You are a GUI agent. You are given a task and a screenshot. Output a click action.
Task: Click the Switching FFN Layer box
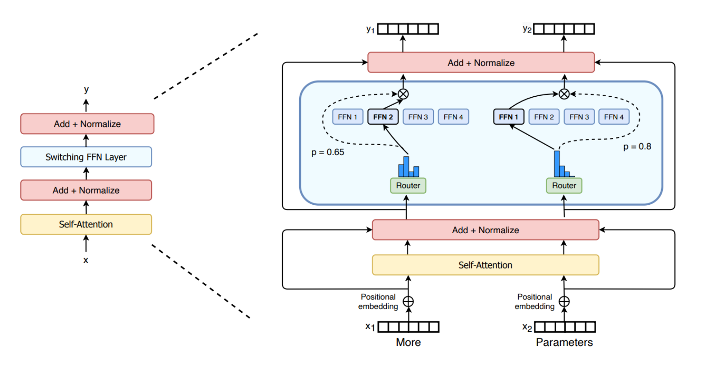coord(86,157)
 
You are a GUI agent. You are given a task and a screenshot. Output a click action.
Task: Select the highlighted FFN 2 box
coord(383,117)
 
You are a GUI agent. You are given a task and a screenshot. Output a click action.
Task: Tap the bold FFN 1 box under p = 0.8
coord(508,117)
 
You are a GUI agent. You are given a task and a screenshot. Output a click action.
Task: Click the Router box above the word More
coord(408,185)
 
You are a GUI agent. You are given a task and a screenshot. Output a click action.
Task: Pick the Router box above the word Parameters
coord(564,185)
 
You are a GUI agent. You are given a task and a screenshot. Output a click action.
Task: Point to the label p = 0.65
coord(328,152)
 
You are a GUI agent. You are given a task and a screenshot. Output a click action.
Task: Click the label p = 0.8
coord(637,146)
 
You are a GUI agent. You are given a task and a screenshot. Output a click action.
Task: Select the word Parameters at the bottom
coord(564,342)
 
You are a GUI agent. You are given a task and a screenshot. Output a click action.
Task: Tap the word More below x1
coord(408,342)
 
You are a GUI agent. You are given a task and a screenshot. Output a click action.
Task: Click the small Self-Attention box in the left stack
coord(86,224)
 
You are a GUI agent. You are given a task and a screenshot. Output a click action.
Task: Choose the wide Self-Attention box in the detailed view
coord(485,265)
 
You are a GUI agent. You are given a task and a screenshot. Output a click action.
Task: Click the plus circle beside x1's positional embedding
coord(408,302)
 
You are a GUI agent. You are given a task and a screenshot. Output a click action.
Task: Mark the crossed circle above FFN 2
coord(403,94)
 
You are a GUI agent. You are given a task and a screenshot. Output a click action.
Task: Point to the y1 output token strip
coord(408,29)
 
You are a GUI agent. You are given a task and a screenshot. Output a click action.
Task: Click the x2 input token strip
coord(564,327)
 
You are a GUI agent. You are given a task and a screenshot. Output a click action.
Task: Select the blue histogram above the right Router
coord(563,165)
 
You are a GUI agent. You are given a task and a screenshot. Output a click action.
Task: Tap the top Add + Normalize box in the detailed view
coord(481,62)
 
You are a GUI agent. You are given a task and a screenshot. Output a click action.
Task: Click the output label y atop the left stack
coord(86,89)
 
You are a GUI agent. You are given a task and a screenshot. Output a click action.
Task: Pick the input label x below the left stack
coord(86,260)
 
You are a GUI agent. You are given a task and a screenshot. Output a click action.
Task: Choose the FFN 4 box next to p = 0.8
coord(614,117)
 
